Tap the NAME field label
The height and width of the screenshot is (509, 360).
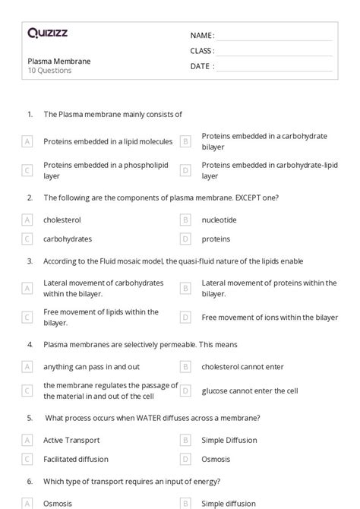point(202,36)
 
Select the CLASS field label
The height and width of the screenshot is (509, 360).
point(202,51)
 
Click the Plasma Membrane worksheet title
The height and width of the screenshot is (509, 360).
point(58,61)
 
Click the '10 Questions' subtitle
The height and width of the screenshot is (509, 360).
point(49,71)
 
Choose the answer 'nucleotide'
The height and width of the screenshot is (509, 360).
point(219,220)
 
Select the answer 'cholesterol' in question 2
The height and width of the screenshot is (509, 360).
point(62,220)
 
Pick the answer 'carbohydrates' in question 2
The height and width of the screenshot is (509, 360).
point(68,239)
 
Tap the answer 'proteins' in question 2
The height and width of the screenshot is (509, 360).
point(216,239)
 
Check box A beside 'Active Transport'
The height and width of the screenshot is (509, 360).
point(27,440)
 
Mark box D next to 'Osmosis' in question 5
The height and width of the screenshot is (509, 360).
point(185,459)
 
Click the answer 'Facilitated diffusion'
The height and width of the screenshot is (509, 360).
point(76,459)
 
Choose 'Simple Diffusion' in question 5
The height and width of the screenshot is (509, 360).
point(229,440)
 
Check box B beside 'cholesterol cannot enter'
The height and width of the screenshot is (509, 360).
point(185,366)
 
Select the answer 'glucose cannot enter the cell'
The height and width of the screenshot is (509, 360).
point(250,391)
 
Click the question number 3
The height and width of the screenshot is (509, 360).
point(30,261)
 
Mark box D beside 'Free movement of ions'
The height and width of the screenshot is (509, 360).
point(185,317)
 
